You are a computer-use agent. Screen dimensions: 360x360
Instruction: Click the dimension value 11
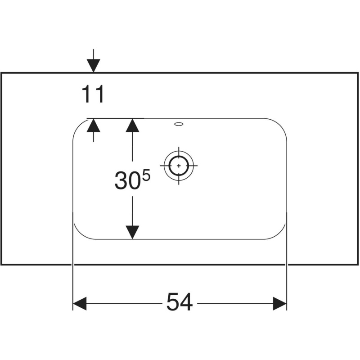(x=93, y=94)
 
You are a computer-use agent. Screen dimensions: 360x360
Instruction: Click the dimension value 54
(x=180, y=302)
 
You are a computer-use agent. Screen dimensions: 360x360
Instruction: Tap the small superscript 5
(x=146, y=175)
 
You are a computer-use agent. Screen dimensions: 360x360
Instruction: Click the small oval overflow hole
(x=179, y=124)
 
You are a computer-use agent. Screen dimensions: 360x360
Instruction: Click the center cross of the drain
(x=179, y=166)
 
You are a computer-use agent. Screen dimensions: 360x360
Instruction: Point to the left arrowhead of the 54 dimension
(x=80, y=303)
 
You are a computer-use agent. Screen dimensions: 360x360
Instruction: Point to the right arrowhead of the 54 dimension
(x=280, y=303)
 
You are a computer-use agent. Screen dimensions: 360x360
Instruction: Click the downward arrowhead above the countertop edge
(x=94, y=66)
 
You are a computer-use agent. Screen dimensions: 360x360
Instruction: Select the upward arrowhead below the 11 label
(x=94, y=126)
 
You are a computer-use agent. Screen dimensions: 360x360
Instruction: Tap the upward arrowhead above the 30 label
(x=132, y=126)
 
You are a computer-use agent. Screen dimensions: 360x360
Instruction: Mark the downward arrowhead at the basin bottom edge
(x=132, y=232)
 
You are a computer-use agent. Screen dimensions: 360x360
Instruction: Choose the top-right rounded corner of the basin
(x=280, y=125)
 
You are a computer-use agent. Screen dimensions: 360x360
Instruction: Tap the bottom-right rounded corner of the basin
(x=280, y=234)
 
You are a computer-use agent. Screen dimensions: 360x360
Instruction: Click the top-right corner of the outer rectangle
(x=358, y=73)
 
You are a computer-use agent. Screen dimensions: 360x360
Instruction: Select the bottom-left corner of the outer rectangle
(x=1, y=265)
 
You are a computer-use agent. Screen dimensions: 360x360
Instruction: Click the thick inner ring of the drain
(x=179, y=156)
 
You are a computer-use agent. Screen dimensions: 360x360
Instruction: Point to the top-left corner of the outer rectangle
(x=1, y=73)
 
